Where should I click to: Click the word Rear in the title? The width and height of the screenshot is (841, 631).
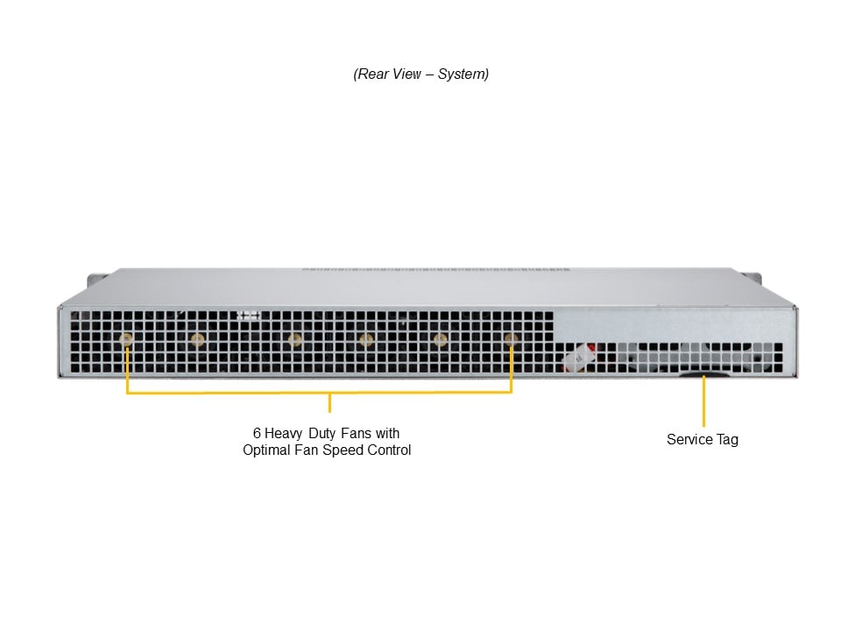click(373, 74)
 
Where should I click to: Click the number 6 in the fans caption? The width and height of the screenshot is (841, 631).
click(257, 433)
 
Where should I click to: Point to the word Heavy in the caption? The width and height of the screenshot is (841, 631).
click(283, 434)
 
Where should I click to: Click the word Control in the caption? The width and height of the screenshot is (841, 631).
click(389, 450)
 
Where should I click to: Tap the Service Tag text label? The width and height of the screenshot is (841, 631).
click(703, 440)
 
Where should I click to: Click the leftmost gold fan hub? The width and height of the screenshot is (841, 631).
click(126, 340)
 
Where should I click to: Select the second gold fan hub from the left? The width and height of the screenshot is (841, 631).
click(197, 340)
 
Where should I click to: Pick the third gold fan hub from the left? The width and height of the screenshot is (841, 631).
click(294, 340)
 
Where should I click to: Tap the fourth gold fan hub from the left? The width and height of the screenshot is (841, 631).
click(366, 340)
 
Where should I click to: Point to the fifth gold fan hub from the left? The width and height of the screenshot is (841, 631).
click(441, 340)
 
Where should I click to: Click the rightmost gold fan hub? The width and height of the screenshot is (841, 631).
click(511, 339)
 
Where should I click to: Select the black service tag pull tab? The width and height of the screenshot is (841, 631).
click(703, 374)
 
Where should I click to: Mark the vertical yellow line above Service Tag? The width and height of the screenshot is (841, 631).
click(704, 402)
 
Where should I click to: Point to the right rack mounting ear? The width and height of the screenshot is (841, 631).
click(754, 280)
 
